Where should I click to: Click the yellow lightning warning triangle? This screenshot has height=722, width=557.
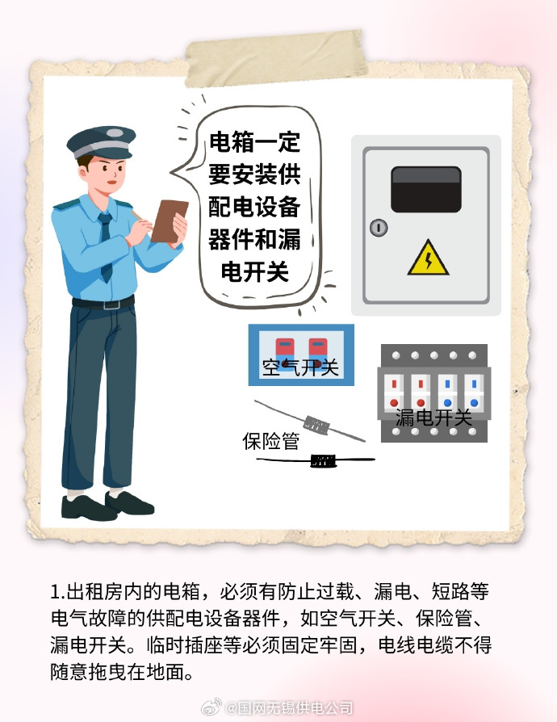pos(428,258)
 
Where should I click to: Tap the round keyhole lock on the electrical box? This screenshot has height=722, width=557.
pos(379,228)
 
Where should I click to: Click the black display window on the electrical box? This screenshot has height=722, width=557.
pos(425,189)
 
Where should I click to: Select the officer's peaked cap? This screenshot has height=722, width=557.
pos(102,141)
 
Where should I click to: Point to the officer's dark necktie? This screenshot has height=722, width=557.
pos(106,247)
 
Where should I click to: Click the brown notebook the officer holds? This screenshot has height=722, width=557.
pos(169,221)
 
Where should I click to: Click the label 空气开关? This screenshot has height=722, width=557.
pos(300,367)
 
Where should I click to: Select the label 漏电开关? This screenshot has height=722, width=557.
pos(433,418)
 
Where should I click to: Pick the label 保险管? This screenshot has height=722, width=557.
pos(271,441)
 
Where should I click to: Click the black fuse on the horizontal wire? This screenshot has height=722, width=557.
pos(323,460)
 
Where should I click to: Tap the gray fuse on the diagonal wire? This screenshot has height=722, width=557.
pos(316,425)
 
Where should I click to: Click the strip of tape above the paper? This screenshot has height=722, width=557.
pos(275,58)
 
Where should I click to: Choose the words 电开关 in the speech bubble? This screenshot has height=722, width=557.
pos(254,271)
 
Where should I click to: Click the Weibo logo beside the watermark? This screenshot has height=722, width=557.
pos(211,706)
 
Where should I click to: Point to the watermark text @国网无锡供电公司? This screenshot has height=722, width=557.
pos(289,707)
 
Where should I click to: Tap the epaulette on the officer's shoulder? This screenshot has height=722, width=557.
pos(66,204)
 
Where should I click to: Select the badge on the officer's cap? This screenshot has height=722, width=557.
pos(115,133)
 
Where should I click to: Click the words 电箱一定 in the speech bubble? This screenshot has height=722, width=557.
pos(254,142)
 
